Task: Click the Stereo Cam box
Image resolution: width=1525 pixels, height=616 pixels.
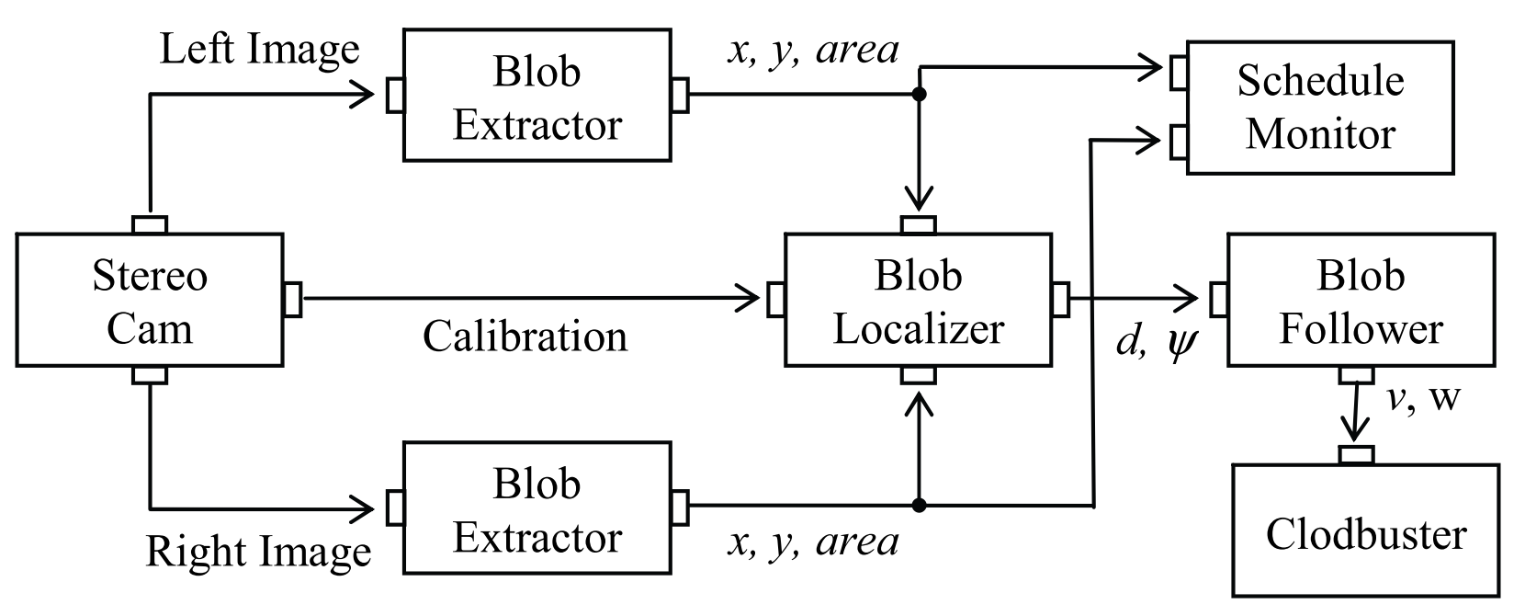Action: pyautogui.click(x=149, y=301)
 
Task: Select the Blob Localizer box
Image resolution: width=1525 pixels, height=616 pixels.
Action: pyautogui.click(x=918, y=301)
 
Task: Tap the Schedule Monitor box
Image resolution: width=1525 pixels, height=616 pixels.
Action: pyautogui.click(x=1320, y=108)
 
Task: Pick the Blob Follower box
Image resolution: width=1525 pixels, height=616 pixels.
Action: pyautogui.click(x=1361, y=301)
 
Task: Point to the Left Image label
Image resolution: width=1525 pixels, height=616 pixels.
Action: pyautogui.click(x=259, y=49)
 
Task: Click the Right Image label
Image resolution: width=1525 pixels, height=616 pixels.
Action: pyautogui.click(x=259, y=551)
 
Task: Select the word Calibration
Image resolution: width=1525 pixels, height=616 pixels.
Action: pyautogui.click(x=525, y=337)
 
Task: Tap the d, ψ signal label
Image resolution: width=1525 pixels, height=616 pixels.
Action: pyautogui.click(x=1157, y=343)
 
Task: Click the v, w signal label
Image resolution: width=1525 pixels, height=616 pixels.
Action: pyautogui.click(x=1423, y=398)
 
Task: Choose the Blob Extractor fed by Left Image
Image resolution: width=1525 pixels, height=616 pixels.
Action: pyautogui.click(x=537, y=97)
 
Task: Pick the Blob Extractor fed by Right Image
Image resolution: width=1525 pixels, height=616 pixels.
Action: pyautogui.click(x=537, y=508)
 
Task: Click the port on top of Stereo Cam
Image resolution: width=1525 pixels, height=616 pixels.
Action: pyautogui.click(x=150, y=224)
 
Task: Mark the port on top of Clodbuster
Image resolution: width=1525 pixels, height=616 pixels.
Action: pyautogui.click(x=1356, y=454)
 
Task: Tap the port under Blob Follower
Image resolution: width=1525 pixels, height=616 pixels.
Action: pyautogui.click(x=1356, y=375)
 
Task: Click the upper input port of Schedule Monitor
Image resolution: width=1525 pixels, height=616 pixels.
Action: pyautogui.click(x=1178, y=73)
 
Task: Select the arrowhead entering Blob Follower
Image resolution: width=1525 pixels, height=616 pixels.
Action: pyautogui.click(x=1191, y=298)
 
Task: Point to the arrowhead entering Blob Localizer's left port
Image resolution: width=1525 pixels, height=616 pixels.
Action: pyautogui.click(x=751, y=298)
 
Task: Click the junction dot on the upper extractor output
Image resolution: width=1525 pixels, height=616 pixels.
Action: pyautogui.click(x=919, y=94)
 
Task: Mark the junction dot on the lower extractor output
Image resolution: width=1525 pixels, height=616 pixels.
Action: pyautogui.click(x=919, y=505)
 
